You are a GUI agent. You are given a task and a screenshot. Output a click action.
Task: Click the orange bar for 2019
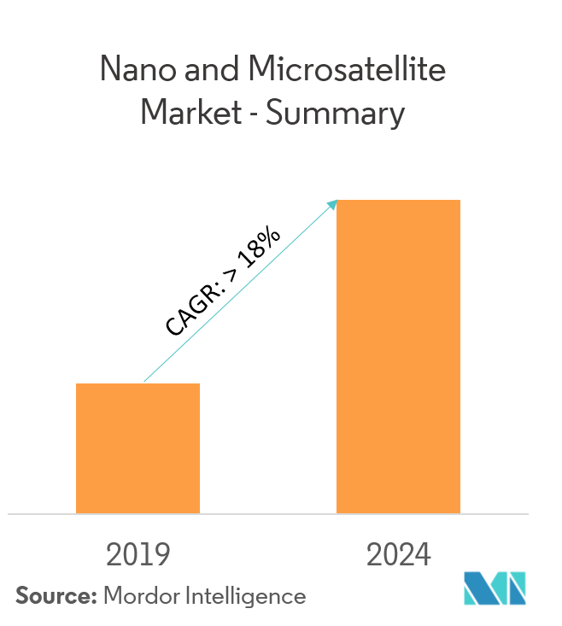[138, 448]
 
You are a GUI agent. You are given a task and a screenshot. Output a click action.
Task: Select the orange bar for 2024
[398, 357]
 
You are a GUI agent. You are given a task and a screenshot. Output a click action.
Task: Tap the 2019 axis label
[138, 556]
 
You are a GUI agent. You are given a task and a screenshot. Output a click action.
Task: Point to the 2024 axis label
[399, 556]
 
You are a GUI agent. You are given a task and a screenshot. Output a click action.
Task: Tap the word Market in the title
[191, 114]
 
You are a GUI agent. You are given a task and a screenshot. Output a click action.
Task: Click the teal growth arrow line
[239, 292]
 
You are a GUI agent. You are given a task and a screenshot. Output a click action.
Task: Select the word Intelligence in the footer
[248, 596]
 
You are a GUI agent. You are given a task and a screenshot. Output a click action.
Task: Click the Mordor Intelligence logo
[495, 588]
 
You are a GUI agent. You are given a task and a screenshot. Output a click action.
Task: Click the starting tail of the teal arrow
[146, 381]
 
